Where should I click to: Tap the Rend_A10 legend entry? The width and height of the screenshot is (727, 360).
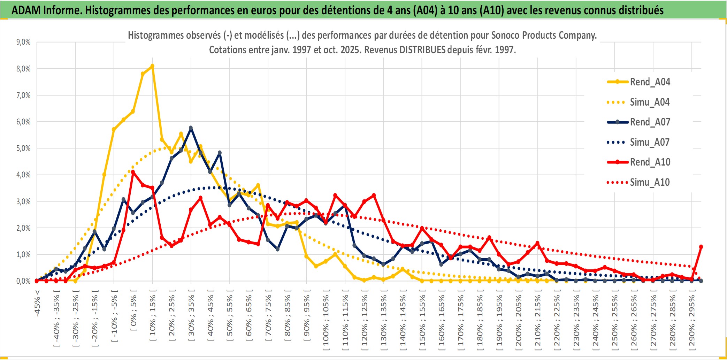(x=650, y=162)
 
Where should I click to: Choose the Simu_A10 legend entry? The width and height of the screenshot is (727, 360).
(x=650, y=182)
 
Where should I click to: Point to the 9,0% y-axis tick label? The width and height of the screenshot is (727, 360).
(x=23, y=42)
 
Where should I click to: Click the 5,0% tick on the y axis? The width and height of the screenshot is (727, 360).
(x=23, y=148)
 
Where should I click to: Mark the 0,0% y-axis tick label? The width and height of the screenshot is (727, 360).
(x=23, y=281)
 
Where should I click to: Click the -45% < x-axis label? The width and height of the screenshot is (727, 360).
(x=37, y=303)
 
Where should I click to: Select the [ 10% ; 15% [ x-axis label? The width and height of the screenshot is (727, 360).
(x=153, y=317)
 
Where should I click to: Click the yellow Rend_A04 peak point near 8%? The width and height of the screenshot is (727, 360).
(x=152, y=66)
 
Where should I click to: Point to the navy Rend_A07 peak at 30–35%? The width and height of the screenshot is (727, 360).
(x=191, y=128)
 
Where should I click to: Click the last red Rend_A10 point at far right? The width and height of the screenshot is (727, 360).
(x=701, y=247)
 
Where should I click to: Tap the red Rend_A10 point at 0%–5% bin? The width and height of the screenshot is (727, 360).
(x=133, y=172)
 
